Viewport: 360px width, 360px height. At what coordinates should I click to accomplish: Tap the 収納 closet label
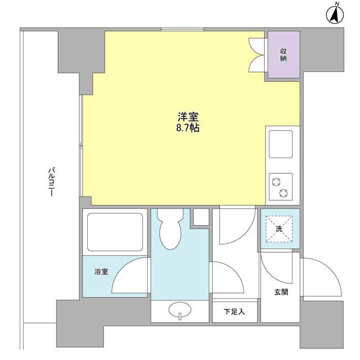284,55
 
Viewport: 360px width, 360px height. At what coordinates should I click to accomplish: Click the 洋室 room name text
188,117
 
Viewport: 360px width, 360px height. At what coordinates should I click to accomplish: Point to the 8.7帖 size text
188,128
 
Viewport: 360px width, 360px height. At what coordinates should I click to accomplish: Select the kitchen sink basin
280,145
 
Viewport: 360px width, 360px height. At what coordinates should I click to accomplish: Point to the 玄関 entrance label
281,292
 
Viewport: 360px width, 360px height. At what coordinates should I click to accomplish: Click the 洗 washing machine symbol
279,228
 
